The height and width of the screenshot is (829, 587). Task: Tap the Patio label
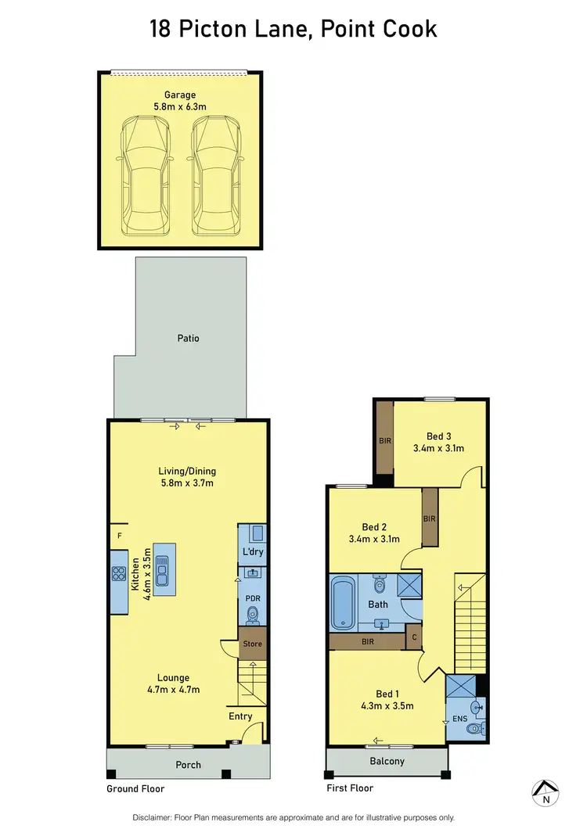[x=188, y=339]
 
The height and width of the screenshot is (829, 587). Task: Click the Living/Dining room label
[x=187, y=472]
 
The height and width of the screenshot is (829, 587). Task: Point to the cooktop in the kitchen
[x=119, y=572]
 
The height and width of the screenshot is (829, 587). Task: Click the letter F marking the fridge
[x=120, y=537]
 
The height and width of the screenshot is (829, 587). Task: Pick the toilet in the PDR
[x=252, y=616]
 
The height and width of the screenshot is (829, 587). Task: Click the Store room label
[x=252, y=644]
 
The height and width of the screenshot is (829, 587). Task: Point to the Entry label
[x=240, y=716]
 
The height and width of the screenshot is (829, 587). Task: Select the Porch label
[x=188, y=765]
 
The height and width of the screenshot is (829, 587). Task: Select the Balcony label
[x=387, y=761]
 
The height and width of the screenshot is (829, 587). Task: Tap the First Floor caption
[x=350, y=788]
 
